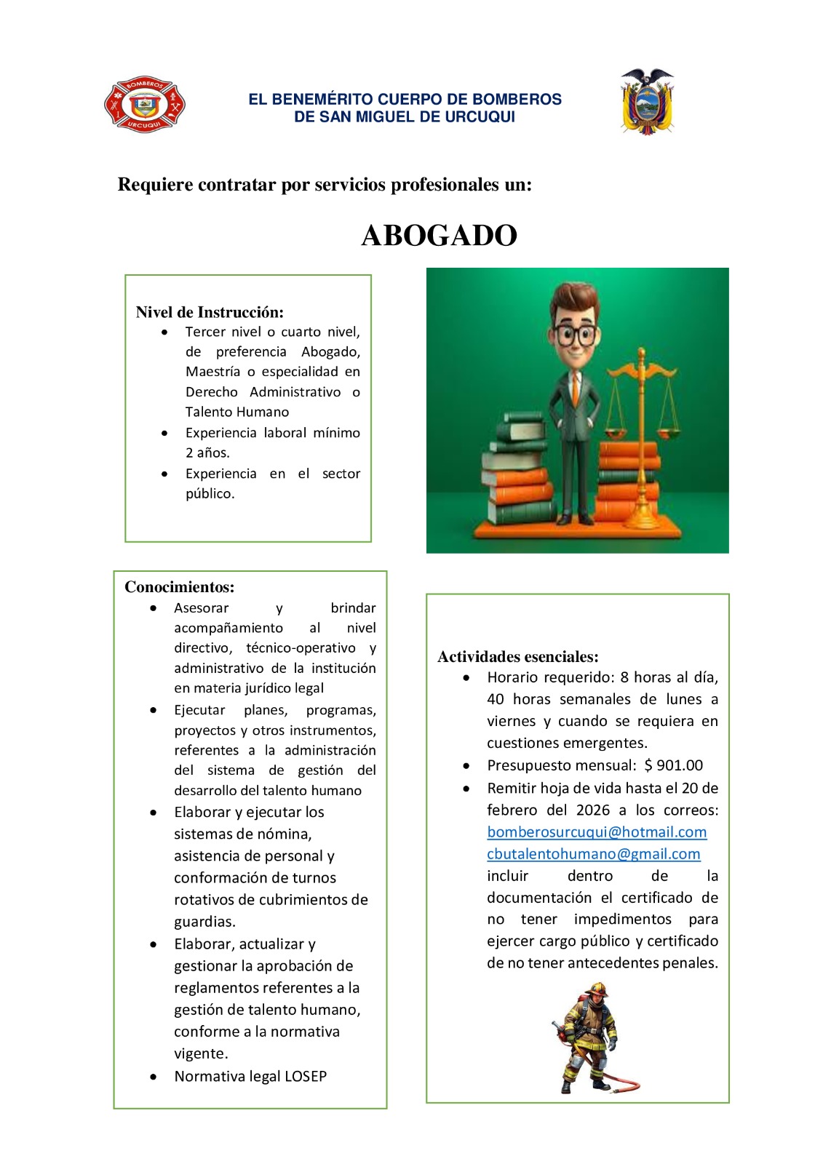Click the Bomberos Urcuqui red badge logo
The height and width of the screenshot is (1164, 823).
click(144, 105)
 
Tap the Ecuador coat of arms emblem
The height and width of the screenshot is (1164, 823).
click(646, 102)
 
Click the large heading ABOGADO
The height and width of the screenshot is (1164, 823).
click(439, 236)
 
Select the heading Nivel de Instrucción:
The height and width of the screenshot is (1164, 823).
click(210, 312)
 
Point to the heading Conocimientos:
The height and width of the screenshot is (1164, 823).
click(180, 587)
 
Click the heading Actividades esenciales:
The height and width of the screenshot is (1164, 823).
click(518, 657)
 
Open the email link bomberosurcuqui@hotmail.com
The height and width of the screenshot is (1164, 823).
click(597, 832)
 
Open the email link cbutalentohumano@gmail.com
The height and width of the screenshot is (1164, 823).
click(593, 853)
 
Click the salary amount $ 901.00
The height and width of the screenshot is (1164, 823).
click(674, 765)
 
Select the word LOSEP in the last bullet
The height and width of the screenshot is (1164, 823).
click(306, 1076)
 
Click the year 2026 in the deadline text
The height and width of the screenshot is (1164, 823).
click(593, 810)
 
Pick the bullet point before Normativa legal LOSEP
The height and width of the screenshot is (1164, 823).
click(153, 1076)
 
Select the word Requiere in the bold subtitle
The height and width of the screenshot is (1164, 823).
click(151, 185)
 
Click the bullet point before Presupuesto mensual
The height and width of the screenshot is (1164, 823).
click(466, 765)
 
